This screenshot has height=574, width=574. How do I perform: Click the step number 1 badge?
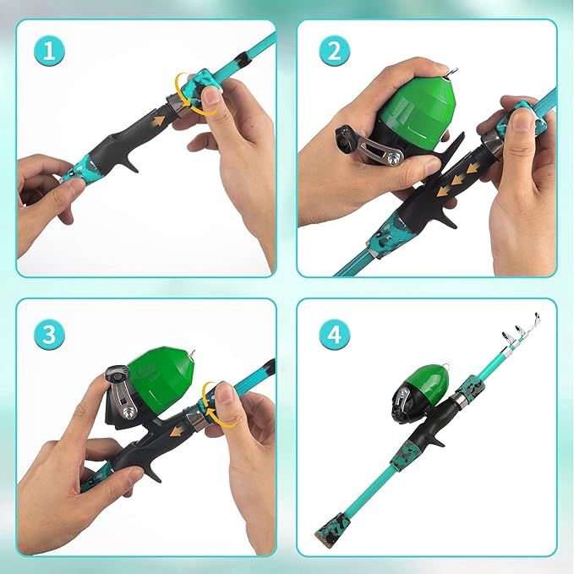click(x=50, y=52)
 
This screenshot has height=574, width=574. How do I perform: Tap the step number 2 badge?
click(x=334, y=52)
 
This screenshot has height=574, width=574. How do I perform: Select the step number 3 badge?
click(x=50, y=333)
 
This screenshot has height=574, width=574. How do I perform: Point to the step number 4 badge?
click(x=334, y=333)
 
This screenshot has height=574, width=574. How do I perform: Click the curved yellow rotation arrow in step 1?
click(x=182, y=91)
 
